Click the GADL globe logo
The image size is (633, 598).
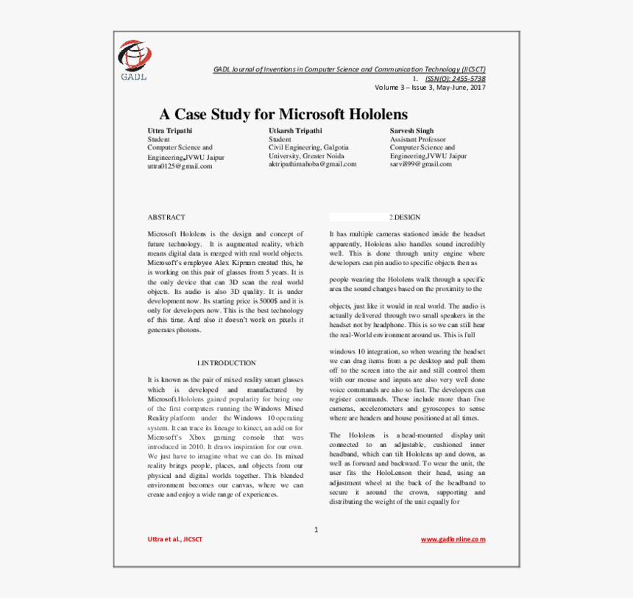[x=135, y=54]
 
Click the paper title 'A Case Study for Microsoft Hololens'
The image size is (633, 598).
[x=283, y=114]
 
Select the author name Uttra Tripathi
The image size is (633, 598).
[x=170, y=130]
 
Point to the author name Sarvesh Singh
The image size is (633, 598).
[x=411, y=130]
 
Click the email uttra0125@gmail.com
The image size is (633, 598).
[x=180, y=166]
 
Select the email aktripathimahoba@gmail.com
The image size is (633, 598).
[x=312, y=164]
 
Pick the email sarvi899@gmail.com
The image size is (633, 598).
[x=420, y=164]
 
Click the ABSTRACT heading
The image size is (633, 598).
[x=166, y=217]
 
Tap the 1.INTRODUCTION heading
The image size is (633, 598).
[x=227, y=363]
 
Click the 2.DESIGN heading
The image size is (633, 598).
[x=405, y=217]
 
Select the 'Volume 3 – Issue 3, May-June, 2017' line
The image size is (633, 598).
[x=430, y=88]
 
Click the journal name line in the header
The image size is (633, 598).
[x=349, y=69]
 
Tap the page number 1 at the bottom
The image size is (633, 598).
[x=316, y=529]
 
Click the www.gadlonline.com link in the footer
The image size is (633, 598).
[x=453, y=539]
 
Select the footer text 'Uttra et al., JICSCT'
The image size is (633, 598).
[x=175, y=539]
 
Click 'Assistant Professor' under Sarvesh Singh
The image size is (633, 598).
[x=417, y=139]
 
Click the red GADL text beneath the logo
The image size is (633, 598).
[x=134, y=75]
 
